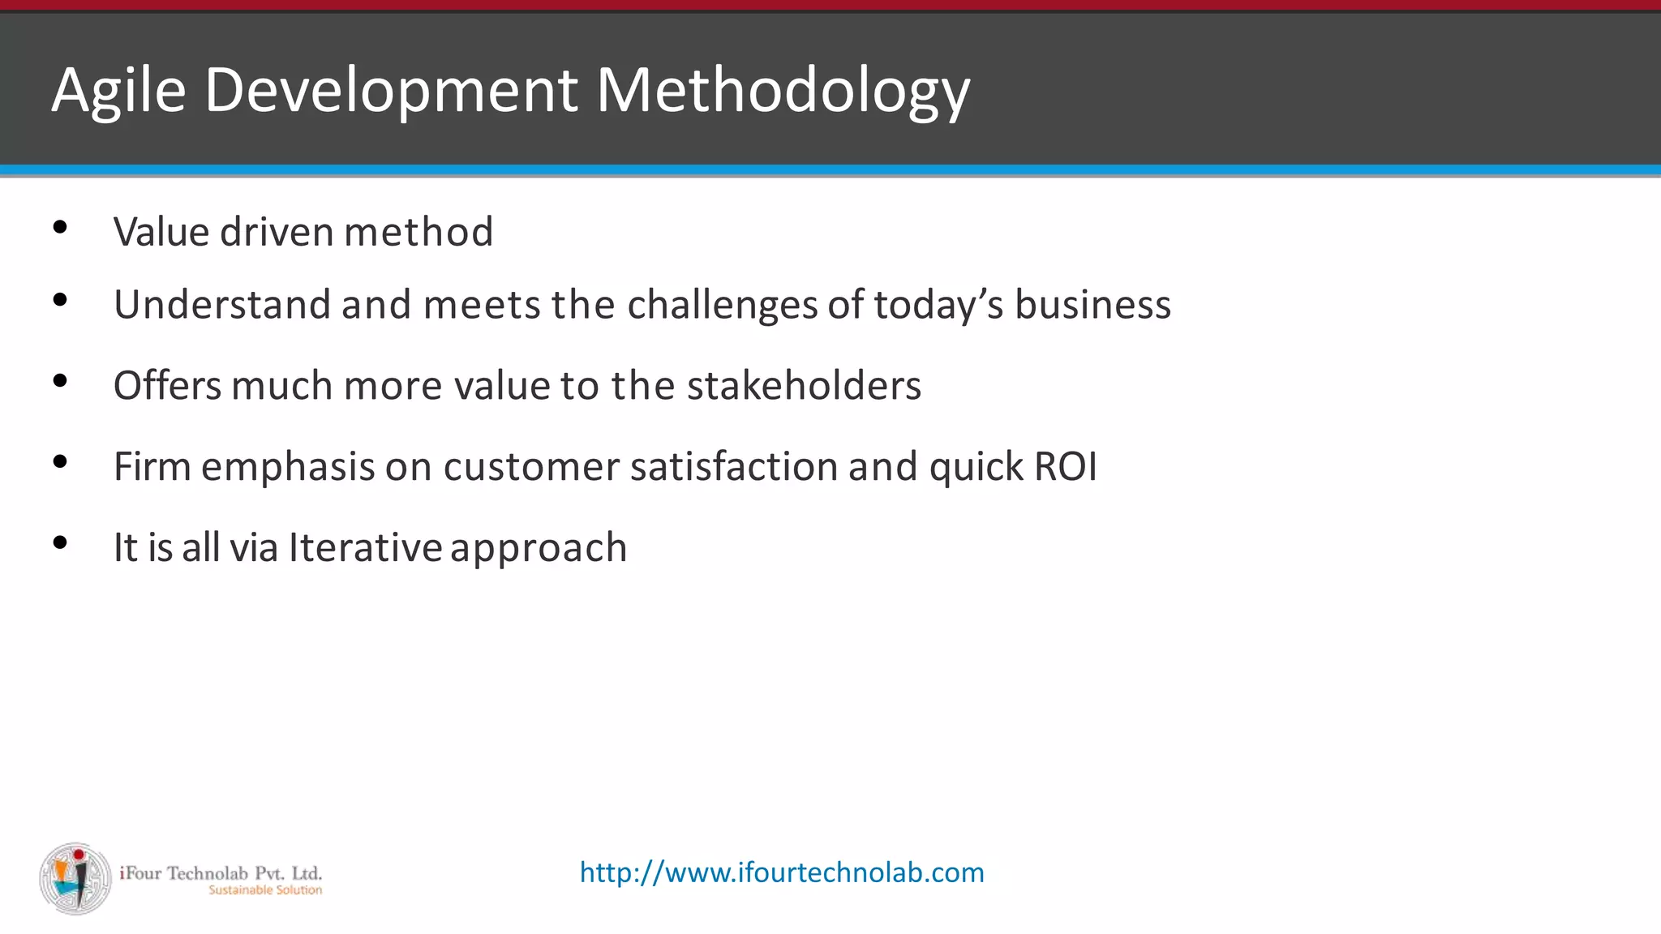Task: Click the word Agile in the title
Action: click(118, 91)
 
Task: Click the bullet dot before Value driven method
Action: click(59, 228)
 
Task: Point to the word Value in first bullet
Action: click(161, 232)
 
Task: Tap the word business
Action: click(1092, 305)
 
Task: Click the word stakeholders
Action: click(804, 385)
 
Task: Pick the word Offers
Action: click(167, 385)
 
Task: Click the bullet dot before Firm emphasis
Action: click(59, 462)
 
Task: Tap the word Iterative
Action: click(365, 547)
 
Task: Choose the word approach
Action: click(539, 549)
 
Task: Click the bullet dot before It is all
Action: click(59, 542)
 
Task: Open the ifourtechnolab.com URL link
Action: click(782, 872)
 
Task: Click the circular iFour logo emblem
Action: click(75, 879)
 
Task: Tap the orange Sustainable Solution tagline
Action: click(265, 890)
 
